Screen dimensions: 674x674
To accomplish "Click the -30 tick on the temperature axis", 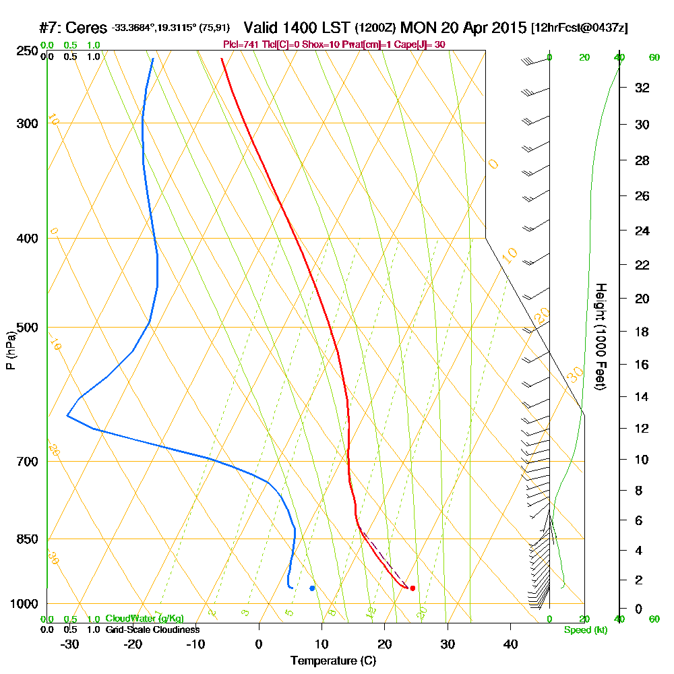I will coord(69,644).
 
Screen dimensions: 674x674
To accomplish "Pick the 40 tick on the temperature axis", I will coord(510,644).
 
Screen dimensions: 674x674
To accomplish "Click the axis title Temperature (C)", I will coord(333,661).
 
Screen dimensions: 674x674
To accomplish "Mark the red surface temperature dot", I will coord(412,588).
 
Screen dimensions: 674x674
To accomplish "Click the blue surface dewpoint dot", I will coord(312,588).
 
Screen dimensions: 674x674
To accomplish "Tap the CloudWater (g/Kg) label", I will coord(144,619).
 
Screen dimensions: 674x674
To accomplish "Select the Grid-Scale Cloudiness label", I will coord(152,630).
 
